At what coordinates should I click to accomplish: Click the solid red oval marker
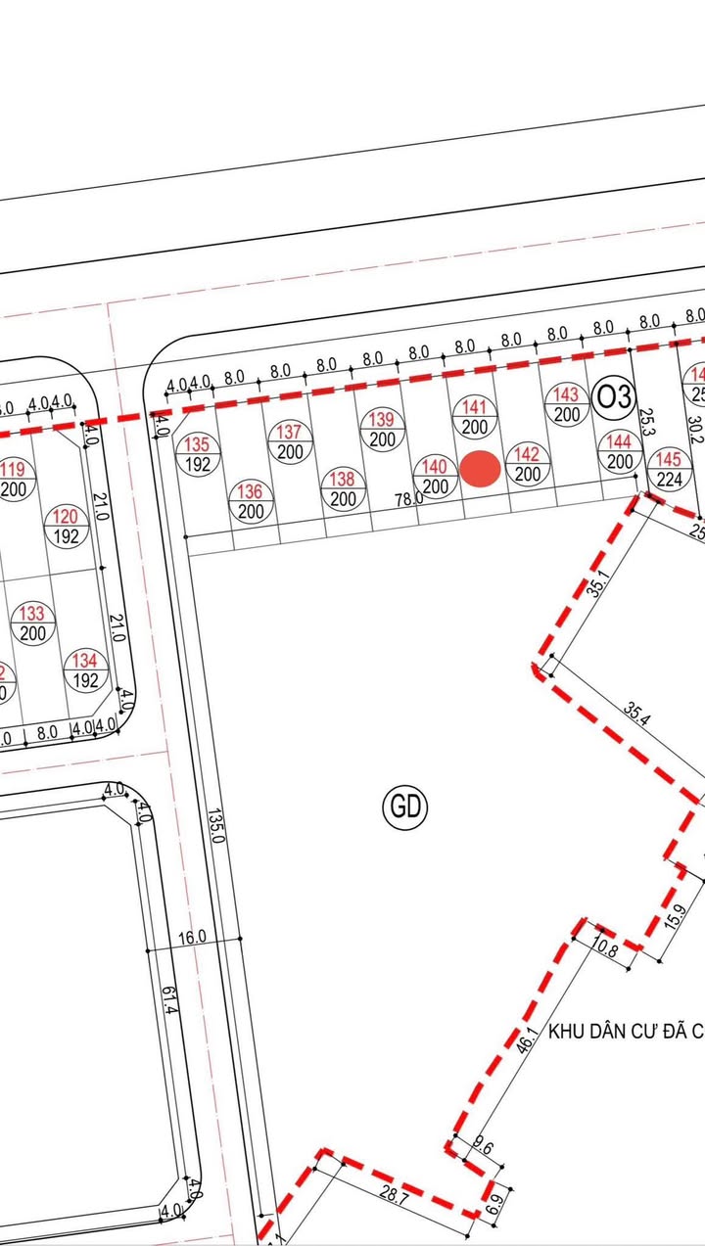tap(481, 469)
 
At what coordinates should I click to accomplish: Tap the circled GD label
tap(405, 807)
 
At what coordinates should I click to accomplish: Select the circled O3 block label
tap(615, 397)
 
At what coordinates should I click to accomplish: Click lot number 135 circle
tap(198, 455)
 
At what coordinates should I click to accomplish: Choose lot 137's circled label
tap(290, 442)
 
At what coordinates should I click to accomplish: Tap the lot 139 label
tap(382, 430)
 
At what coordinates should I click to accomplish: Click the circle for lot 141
tap(475, 417)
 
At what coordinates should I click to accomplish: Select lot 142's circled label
tap(527, 464)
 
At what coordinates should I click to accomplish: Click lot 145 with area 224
tap(668, 469)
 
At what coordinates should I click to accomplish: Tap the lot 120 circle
tap(66, 527)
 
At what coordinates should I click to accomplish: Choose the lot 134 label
tap(85, 670)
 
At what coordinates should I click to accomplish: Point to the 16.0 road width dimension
tap(192, 937)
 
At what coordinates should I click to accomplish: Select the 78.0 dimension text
tap(409, 498)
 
